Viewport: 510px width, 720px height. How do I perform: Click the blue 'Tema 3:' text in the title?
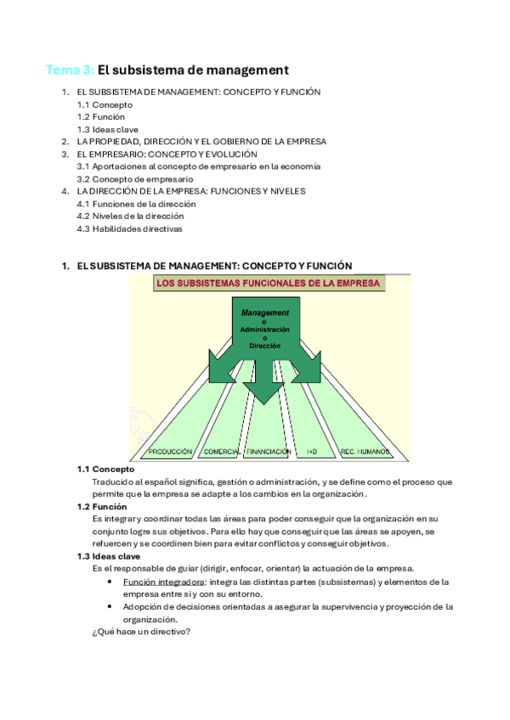[70, 70]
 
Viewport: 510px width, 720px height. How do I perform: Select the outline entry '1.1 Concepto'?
[105, 104]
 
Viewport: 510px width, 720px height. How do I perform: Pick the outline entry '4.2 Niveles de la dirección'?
[130, 217]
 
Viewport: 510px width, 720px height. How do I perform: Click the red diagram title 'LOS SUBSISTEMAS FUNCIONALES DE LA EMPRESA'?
[268, 284]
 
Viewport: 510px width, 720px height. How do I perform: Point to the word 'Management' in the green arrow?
[265, 312]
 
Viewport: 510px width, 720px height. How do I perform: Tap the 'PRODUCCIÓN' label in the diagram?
[170, 452]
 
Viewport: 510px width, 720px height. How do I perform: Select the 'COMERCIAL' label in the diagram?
[220, 452]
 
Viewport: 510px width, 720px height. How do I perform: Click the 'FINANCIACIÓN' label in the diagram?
[268, 452]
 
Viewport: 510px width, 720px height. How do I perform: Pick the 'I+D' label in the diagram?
[311, 452]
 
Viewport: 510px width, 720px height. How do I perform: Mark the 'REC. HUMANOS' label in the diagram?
[364, 452]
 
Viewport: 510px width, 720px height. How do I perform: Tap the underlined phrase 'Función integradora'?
[161, 582]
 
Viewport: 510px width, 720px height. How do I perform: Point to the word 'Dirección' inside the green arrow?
[265, 346]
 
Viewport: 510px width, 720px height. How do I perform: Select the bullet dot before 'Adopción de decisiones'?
[112, 607]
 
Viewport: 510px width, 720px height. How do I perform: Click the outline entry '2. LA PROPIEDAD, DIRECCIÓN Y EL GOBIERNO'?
[201, 142]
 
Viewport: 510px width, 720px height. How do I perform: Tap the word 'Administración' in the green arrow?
[265, 329]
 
